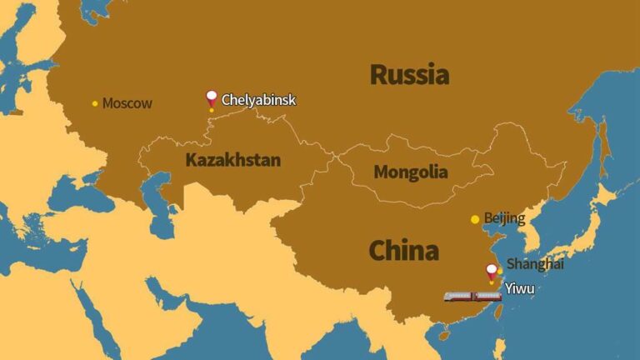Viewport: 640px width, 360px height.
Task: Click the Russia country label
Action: click(409, 74)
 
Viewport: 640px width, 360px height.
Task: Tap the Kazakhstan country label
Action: click(232, 160)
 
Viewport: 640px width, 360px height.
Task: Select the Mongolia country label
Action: click(410, 173)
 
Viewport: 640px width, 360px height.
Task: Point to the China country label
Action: click(403, 250)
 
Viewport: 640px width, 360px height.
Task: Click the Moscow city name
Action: click(127, 104)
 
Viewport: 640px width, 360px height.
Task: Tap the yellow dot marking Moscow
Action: click(95, 104)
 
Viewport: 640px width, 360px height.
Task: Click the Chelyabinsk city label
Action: click(258, 100)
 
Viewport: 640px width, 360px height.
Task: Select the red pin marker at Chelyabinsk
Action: click(212, 97)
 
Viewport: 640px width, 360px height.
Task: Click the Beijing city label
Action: click(504, 219)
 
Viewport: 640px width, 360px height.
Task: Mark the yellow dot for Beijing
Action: click(475, 219)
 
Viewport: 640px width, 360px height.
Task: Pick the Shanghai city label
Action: click(535, 264)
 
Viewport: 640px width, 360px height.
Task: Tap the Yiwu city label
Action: click(519, 289)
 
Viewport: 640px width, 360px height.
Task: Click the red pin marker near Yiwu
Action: click(492, 270)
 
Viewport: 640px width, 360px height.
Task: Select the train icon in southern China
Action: click(472, 296)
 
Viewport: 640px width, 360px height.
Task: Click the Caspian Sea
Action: click(157, 193)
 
